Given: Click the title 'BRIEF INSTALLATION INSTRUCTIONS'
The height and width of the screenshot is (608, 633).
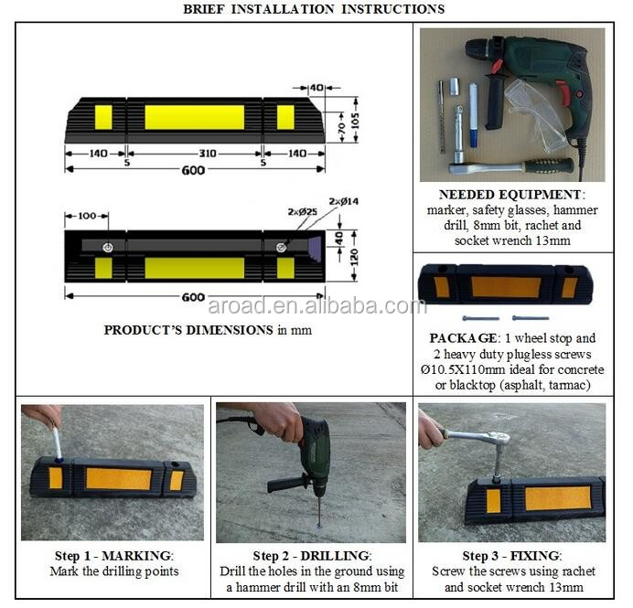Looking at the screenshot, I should click(x=314, y=9).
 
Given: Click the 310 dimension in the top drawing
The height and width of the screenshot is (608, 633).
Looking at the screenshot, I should click(x=207, y=154).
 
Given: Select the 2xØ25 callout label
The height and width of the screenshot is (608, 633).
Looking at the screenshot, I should click(x=302, y=211).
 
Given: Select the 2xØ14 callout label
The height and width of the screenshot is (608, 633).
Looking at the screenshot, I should click(x=345, y=200).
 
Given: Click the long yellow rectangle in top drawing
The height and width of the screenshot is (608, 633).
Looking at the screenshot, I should click(x=194, y=117).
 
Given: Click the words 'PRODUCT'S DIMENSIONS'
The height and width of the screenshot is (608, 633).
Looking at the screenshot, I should click(x=188, y=330).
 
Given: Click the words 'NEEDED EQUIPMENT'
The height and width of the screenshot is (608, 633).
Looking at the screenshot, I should click(x=510, y=195).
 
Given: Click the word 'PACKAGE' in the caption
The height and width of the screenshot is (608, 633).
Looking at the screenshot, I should click(x=462, y=336).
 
